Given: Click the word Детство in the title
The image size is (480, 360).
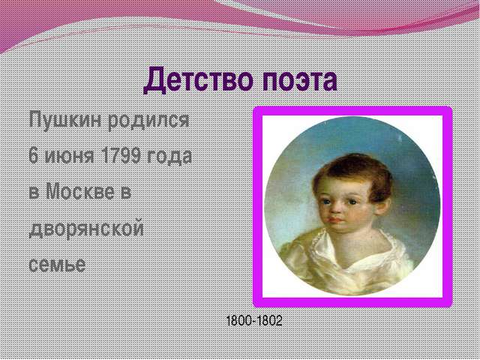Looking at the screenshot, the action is click(199, 80).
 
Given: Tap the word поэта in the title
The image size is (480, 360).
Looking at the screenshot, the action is click(300, 81).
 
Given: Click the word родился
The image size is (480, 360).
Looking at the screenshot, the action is click(148, 120).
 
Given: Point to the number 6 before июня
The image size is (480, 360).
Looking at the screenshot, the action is click(33, 155).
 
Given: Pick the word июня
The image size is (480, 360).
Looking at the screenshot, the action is click(70, 156).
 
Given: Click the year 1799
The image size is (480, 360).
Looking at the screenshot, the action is click(121, 155).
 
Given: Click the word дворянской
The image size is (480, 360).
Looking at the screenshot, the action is click(86, 228).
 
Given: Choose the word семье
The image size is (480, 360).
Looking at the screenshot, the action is click(57, 264).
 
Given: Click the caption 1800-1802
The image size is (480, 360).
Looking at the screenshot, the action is click(254, 320).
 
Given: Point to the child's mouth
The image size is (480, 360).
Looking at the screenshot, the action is click(336, 220).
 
